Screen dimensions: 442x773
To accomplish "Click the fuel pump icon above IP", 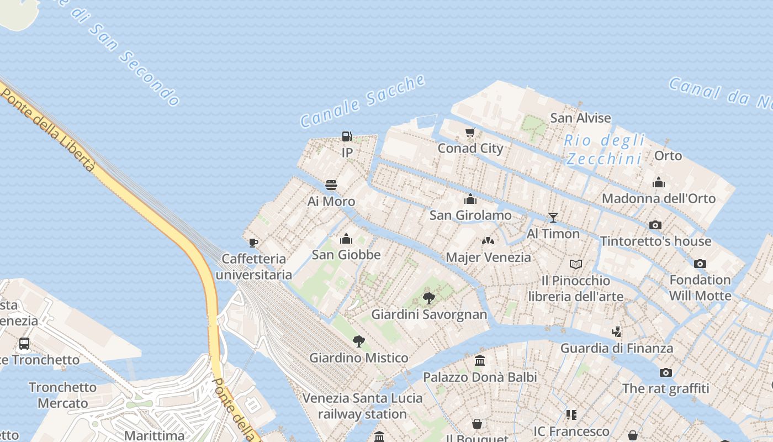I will pyautogui.click(x=347, y=136).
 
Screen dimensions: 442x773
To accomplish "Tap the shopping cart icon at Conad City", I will pyautogui.click(x=470, y=132).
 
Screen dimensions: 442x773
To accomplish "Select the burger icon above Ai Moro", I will pyautogui.click(x=331, y=185).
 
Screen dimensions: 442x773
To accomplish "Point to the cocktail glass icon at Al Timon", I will pyautogui.click(x=553, y=217).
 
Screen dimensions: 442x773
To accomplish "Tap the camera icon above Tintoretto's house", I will pyautogui.click(x=655, y=225).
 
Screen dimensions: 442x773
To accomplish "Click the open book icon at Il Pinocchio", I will pyautogui.click(x=576, y=264).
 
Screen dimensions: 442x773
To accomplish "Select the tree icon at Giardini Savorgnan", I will pyautogui.click(x=428, y=298).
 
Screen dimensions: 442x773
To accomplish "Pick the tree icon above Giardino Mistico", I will pyautogui.click(x=359, y=341).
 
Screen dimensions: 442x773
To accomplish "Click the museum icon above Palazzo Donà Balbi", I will pyautogui.click(x=480, y=361).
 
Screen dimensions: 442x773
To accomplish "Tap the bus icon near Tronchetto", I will pyautogui.click(x=24, y=343).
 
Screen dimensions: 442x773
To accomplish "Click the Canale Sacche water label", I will pyautogui.click(x=363, y=102).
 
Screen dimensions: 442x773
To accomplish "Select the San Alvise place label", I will pyautogui.click(x=581, y=118).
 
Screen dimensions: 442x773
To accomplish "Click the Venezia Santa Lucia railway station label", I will pyautogui.click(x=362, y=406).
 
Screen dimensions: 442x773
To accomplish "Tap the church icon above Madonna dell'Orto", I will pyautogui.click(x=659, y=182).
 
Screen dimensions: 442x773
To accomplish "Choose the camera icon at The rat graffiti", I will pyautogui.click(x=666, y=372).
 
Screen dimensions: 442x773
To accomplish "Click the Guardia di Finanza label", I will pyautogui.click(x=617, y=348).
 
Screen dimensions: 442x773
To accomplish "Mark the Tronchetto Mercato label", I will pyautogui.click(x=62, y=395).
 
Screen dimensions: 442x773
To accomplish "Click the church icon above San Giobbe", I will pyautogui.click(x=346, y=239).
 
